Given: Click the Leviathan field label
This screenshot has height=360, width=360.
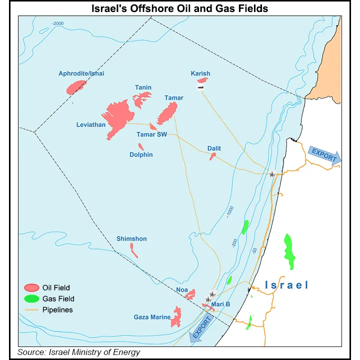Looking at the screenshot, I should (x=91, y=124).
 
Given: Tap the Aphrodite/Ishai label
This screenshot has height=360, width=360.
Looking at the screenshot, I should (x=81, y=73).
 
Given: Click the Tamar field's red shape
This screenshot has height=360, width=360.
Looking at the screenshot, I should (x=167, y=113).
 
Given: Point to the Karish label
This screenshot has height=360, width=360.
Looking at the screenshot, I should (x=200, y=73).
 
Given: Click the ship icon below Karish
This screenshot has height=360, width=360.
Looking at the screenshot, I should (x=200, y=87).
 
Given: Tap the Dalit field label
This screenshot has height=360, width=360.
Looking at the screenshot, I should (x=214, y=148).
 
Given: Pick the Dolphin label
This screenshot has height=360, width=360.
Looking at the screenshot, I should (x=141, y=155).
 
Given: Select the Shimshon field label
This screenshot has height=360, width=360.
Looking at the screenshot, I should (x=131, y=238).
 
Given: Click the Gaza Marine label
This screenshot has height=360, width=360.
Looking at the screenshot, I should (x=152, y=317).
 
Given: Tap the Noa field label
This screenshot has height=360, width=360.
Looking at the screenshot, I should (x=182, y=289).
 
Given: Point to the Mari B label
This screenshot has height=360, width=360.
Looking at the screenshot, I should (x=220, y=303).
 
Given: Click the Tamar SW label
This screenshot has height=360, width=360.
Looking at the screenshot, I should (x=152, y=134).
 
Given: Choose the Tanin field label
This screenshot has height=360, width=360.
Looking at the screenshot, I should (x=143, y=88).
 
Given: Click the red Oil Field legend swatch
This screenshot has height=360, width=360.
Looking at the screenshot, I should (x=32, y=287).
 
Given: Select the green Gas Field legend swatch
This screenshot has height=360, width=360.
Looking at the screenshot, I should (x=32, y=298).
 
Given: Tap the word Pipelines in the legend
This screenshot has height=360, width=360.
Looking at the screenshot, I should (x=57, y=309).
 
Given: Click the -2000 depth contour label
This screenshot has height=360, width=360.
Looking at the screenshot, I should (x=58, y=23).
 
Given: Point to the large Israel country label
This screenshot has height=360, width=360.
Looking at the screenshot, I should (x=286, y=285).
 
